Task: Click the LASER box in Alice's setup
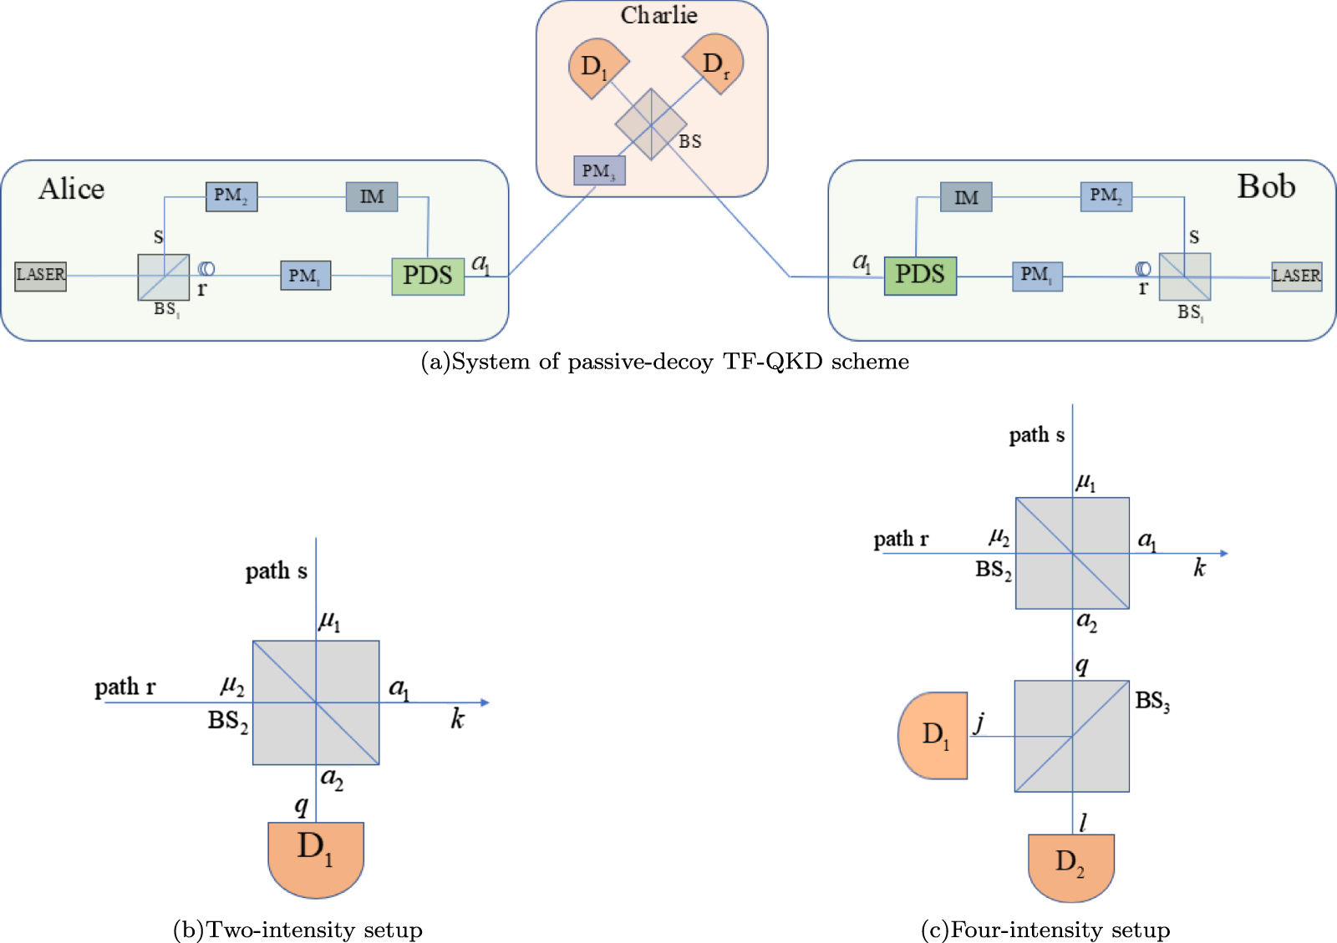point(40,276)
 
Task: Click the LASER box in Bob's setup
point(1296,276)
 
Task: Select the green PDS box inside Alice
point(428,276)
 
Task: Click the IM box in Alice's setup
point(372,197)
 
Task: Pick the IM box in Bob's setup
point(966,198)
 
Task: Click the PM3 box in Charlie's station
point(599,171)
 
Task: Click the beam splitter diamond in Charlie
point(651,124)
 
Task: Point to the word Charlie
point(658,15)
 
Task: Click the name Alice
point(72,189)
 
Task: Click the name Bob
point(1266,186)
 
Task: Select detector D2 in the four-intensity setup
point(1070,866)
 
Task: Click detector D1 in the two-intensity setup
point(316,856)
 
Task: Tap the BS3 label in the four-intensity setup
point(1152,701)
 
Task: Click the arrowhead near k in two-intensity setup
point(485,702)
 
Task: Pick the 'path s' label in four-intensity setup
point(1036,435)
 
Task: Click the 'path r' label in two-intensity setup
point(125,687)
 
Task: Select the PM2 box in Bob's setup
point(1106,196)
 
